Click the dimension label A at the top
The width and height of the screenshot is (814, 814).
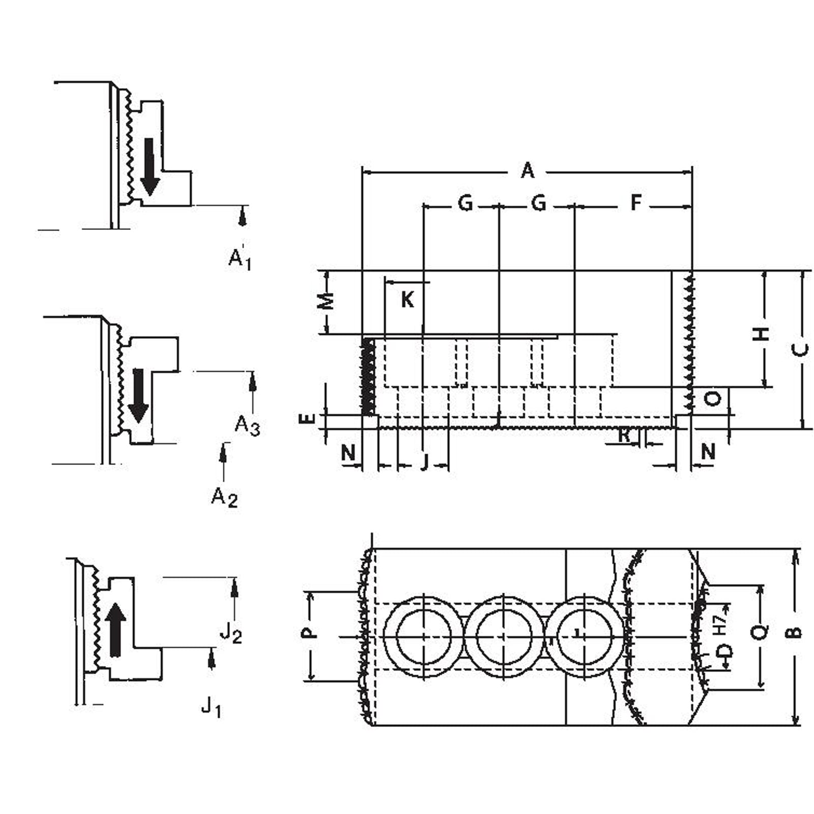click(x=528, y=170)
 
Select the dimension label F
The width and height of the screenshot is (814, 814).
click(x=636, y=202)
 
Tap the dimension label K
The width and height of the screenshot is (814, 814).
click(x=407, y=300)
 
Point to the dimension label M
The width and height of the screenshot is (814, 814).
click(x=327, y=301)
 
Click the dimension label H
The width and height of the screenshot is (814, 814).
click(x=761, y=334)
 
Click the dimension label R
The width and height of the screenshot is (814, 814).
click(x=624, y=436)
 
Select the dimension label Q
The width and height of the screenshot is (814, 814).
click(x=759, y=632)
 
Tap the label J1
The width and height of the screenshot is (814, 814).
click(x=211, y=706)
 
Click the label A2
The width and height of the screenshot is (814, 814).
click(x=224, y=497)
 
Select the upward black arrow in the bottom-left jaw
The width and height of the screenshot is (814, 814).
click(x=117, y=629)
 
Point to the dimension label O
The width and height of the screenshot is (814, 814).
click(x=713, y=398)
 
